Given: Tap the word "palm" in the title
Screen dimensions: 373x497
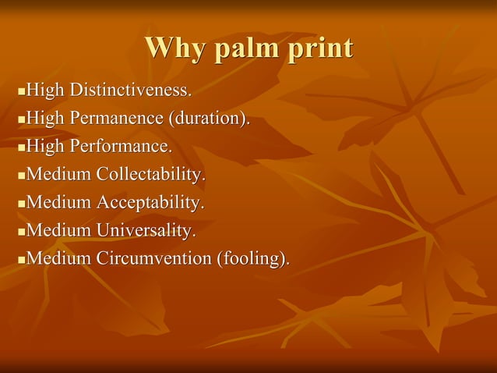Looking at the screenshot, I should (243, 48).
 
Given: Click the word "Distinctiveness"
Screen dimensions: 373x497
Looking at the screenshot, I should (130, 91).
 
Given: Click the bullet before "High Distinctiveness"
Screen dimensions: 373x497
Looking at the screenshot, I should (21, 92).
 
